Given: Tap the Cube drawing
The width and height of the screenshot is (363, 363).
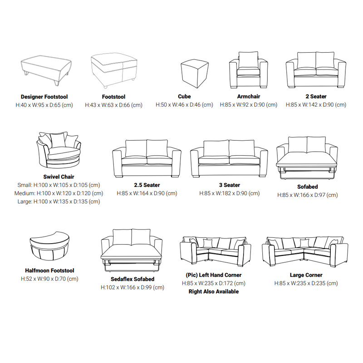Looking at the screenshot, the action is (x=195, y=74).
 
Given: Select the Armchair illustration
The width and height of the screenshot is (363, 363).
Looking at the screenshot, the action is (x=248, y=70).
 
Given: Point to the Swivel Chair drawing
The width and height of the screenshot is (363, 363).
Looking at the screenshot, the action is (x=59, y=151).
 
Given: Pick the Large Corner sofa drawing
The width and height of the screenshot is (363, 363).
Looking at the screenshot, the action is (x=305, y=251).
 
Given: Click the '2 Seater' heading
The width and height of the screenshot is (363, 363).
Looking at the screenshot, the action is (x=316, y=97).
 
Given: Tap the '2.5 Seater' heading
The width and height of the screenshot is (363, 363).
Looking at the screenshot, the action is (x=147, y=185).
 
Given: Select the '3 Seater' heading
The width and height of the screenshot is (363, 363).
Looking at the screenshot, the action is (x=230, y=185).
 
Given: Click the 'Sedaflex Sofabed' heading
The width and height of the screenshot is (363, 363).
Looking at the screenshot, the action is (x=132, y=279).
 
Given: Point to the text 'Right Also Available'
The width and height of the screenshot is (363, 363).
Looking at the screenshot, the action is (x=213, y=292).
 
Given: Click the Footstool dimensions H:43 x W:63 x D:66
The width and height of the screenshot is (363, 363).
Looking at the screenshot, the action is (x=113, y=105).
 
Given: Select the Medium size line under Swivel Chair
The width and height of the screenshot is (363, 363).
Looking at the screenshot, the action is (x=59, y=193).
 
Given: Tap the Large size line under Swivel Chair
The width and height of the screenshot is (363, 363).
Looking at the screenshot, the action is (x=59, y=201).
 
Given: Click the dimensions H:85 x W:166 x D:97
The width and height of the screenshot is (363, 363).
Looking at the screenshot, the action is (x=308, y=195).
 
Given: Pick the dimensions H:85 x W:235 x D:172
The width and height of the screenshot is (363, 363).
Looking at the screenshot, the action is (x=213, y=283).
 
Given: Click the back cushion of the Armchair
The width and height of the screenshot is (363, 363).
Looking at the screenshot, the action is (x=248, y=60).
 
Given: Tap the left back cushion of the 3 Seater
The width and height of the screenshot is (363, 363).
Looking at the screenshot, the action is (x=216, y=148).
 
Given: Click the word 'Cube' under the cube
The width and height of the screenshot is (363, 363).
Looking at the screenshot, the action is (x=184, y=97).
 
